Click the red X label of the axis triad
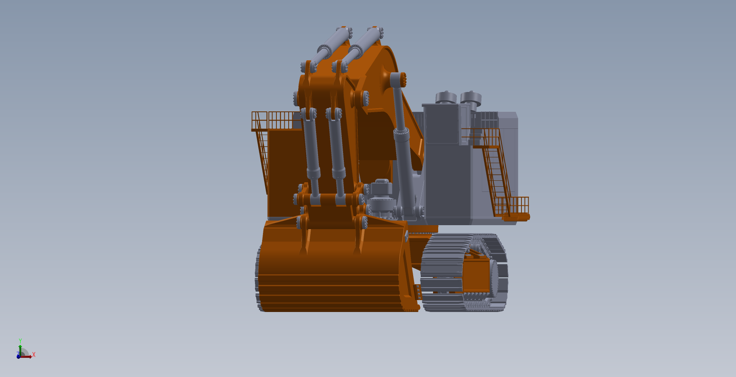34,354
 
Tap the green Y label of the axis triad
20,341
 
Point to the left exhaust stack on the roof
446,97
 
